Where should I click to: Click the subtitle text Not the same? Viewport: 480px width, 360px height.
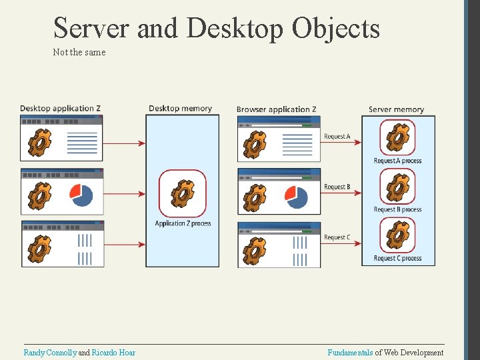(x=79, y=52)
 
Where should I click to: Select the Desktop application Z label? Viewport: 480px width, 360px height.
(x=61, y=109)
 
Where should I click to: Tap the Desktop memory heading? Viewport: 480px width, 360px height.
(x=180, y=109)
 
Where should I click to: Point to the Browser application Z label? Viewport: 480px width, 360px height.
(x=276, y=109)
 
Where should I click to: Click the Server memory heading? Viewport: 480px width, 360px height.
(x=396, y=109)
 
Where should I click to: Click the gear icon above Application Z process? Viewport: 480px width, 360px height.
(x=182, y=193)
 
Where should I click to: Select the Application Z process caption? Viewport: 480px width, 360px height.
(x=183, y=223)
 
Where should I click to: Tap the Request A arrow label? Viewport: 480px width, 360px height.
(x=337, y=137)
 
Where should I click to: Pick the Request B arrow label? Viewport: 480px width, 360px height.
(x=337, y=187)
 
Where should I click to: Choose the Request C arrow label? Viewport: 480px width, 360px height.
(x=337, y=237)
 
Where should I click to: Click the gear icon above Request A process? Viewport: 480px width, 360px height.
(x=398, y=138)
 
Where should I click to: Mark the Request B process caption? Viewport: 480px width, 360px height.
(x=397, y=209)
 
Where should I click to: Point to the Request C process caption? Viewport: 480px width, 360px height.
(x=397, y=258)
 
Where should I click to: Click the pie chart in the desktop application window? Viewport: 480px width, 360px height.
(x=81, y=194)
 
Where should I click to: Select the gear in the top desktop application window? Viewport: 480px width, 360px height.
(x=39, y=141)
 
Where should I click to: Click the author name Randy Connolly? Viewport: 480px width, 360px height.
(x=50, y=353)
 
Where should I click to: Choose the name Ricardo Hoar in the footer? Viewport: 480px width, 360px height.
(x=113, y=353)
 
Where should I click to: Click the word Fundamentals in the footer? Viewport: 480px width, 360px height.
(x=350, y=353)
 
